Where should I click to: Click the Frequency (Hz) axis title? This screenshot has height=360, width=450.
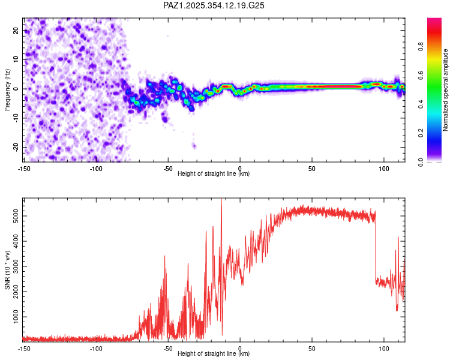click(7, 89)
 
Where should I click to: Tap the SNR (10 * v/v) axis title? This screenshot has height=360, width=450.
click(7, 269)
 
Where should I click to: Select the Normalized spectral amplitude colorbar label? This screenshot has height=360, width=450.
click(445, 90)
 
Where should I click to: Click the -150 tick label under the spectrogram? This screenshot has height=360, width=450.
click(25, 168)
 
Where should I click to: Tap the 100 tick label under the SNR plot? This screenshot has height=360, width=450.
click(383, 348)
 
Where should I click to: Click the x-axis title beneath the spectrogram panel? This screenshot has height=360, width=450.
click(214, 174)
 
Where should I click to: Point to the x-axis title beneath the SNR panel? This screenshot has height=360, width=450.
click(214, 354)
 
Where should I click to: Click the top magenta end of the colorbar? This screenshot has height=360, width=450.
click(434, 20)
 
